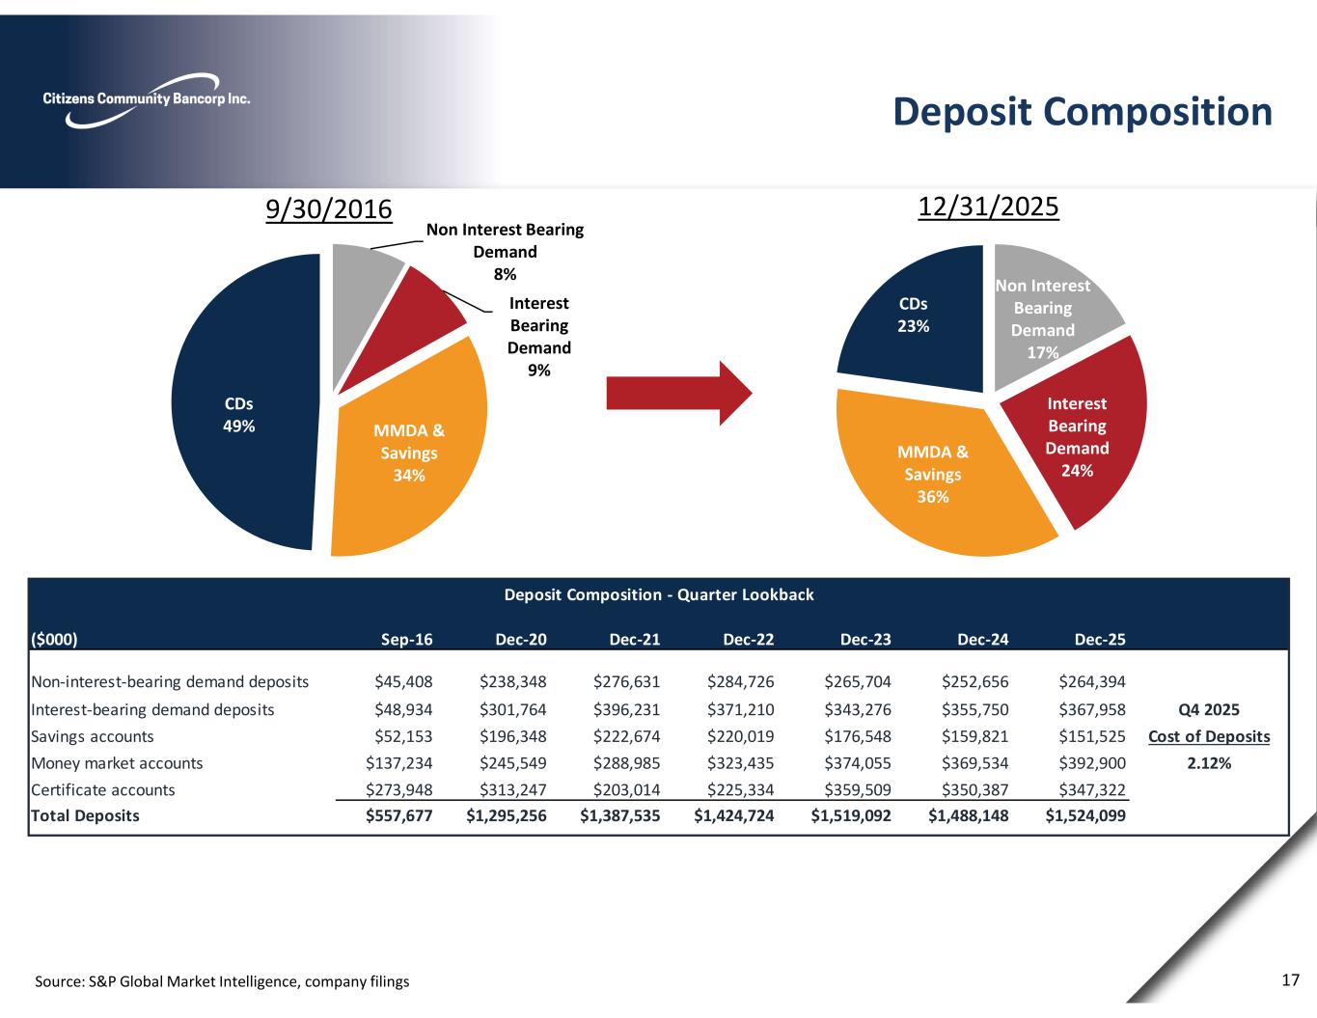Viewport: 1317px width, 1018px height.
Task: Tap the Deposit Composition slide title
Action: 1083,112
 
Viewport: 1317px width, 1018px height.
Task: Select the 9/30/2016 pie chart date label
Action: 329,209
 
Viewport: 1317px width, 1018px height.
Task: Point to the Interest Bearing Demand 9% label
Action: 538,337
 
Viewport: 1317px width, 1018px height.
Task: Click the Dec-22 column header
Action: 748,639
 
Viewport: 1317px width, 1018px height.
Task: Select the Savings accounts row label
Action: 93,736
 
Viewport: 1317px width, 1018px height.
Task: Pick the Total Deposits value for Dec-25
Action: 1085,815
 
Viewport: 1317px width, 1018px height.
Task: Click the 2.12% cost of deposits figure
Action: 1209,763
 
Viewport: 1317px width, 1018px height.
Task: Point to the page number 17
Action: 1290,980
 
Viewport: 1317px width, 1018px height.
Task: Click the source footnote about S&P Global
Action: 222,981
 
